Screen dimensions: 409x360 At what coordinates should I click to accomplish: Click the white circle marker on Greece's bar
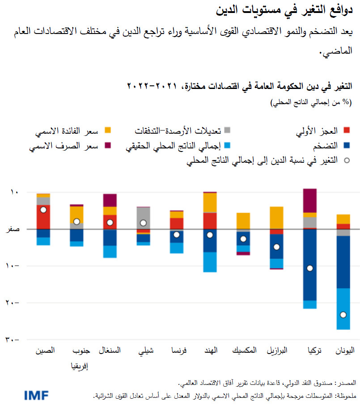[x=343, y=315]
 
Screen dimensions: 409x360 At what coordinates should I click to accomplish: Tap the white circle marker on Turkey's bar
[x=309, y=268]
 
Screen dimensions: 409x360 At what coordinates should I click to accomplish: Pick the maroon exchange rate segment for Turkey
[x=309, y=200]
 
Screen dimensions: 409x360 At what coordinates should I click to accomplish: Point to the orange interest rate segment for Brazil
[x=276, y=218]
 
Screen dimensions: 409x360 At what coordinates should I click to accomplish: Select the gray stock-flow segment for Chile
[x=144, y=215]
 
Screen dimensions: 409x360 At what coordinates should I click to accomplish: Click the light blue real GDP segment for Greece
[x=343, y=308]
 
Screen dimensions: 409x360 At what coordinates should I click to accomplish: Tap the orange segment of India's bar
[x=210, y=202]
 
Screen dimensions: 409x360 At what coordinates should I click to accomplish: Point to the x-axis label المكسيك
[x=245, y=351]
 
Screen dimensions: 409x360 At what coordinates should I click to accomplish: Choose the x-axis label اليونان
[x=345, y=351]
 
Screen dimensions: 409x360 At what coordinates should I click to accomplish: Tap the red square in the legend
[x=346, y=131]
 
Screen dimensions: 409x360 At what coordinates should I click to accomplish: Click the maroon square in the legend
[x=107, y=146]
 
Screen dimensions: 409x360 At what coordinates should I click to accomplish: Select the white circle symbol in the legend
[x=346, y=161]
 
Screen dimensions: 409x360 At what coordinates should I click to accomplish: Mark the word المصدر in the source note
[x=346, y=384]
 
